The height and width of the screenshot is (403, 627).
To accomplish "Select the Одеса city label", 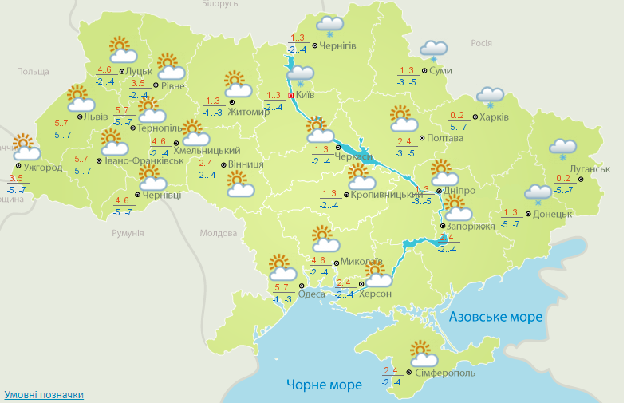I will click(311, 294).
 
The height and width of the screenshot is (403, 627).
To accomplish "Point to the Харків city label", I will click(495, 117).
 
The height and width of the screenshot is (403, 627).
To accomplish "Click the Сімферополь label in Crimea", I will click(445, 373).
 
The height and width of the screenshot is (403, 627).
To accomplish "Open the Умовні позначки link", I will click(44, 394).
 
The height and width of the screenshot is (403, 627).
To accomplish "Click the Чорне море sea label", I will click(324, 385).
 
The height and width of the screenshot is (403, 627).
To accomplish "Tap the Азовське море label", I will click(495, 317).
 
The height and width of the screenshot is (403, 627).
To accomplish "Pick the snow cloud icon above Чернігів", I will click(329, 26).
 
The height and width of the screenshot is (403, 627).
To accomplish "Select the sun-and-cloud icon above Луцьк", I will click(123, 49).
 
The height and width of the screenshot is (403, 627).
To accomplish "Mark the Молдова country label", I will click(219, 233).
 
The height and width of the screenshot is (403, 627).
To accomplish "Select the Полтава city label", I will click(445, 138).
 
